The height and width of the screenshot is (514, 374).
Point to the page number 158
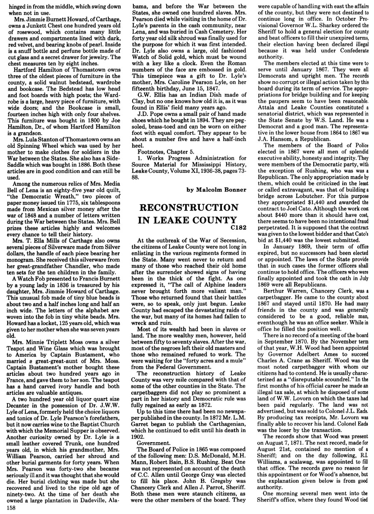point(6,509)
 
